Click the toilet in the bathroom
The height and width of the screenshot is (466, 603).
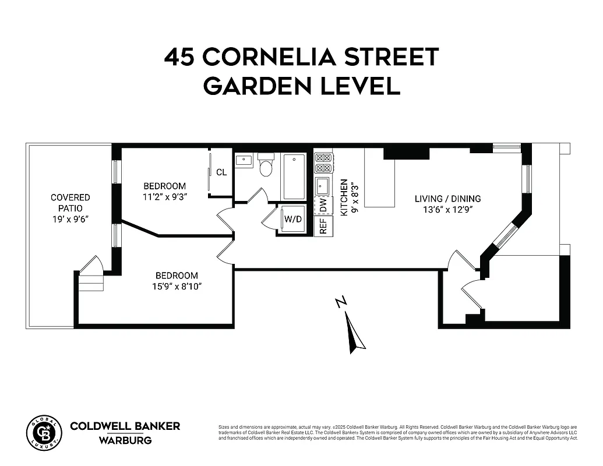point(266,166)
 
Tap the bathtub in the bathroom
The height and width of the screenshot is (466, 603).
point(294,176)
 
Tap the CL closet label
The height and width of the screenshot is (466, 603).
point(221,172)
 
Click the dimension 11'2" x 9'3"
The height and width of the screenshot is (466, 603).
point(164,196)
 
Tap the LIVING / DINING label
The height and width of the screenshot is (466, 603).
point(447,199)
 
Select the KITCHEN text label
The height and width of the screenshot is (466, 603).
point(344,197)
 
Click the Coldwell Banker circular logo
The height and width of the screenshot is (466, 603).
point(44,433)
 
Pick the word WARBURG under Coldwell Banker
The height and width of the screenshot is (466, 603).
point(125,440)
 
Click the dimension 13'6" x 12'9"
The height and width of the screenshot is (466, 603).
point(447,210)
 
